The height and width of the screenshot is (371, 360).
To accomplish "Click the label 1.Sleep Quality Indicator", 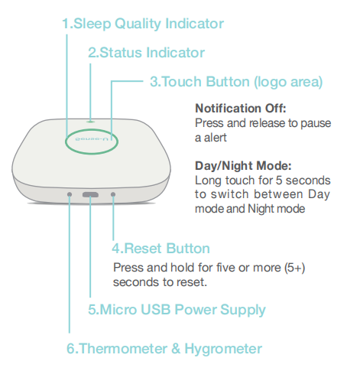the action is [x=143, y=24].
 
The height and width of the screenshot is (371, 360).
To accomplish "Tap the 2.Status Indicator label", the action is [x=146, y=53].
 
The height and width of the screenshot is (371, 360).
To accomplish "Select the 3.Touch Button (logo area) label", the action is [x=236, y=82].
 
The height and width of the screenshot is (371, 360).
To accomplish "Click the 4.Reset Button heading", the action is [x=161, y=248].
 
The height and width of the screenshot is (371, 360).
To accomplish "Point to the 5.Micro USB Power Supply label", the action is [x=177, y=310].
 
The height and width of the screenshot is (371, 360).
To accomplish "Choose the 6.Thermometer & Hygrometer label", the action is [x=164, y=349].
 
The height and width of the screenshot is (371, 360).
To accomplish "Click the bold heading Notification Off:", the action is [x=241, y=109].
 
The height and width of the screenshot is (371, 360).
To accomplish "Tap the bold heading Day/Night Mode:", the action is [x=243, y=166].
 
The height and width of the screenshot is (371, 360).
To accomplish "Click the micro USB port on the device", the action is [x=90, y=195].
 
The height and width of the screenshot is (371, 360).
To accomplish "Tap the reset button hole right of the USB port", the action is [x=113, y=194].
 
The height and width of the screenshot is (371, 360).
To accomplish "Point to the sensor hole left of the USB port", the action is [x=70, y=194].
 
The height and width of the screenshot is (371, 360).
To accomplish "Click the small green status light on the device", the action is [x=90, y=122].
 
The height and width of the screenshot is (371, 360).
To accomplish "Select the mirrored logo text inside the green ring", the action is [x=92, y=139].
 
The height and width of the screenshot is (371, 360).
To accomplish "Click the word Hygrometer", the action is [x=223, y=349].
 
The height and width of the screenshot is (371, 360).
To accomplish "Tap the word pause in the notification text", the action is [x=316, y=124].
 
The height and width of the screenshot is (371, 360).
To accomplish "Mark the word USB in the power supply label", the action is [x=155, y=309].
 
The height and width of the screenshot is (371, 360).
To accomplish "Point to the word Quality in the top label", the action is [x=138, y=24].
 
